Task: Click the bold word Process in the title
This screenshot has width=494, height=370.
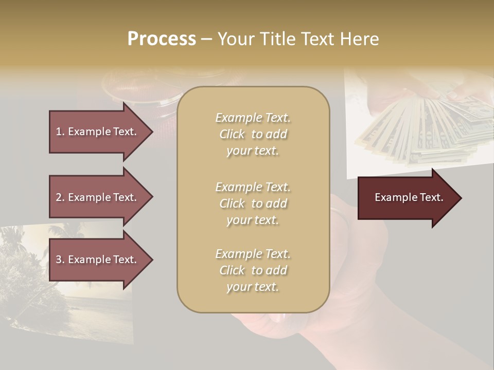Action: coord(162,39)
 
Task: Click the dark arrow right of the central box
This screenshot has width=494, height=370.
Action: coord(407,197)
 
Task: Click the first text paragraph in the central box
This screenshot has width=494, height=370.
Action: coord(253,134)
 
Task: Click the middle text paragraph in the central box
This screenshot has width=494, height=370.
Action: coord(253,203)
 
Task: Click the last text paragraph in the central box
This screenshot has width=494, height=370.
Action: coord(253,270)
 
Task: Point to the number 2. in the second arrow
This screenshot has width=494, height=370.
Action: coord(60,197)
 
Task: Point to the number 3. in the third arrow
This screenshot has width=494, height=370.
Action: coord(60,260)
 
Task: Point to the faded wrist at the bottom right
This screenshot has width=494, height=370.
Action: coord(360,329)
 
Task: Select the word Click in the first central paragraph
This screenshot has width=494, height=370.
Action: coord(232,134)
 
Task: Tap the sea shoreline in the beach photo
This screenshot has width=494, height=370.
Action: coord(77,308)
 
